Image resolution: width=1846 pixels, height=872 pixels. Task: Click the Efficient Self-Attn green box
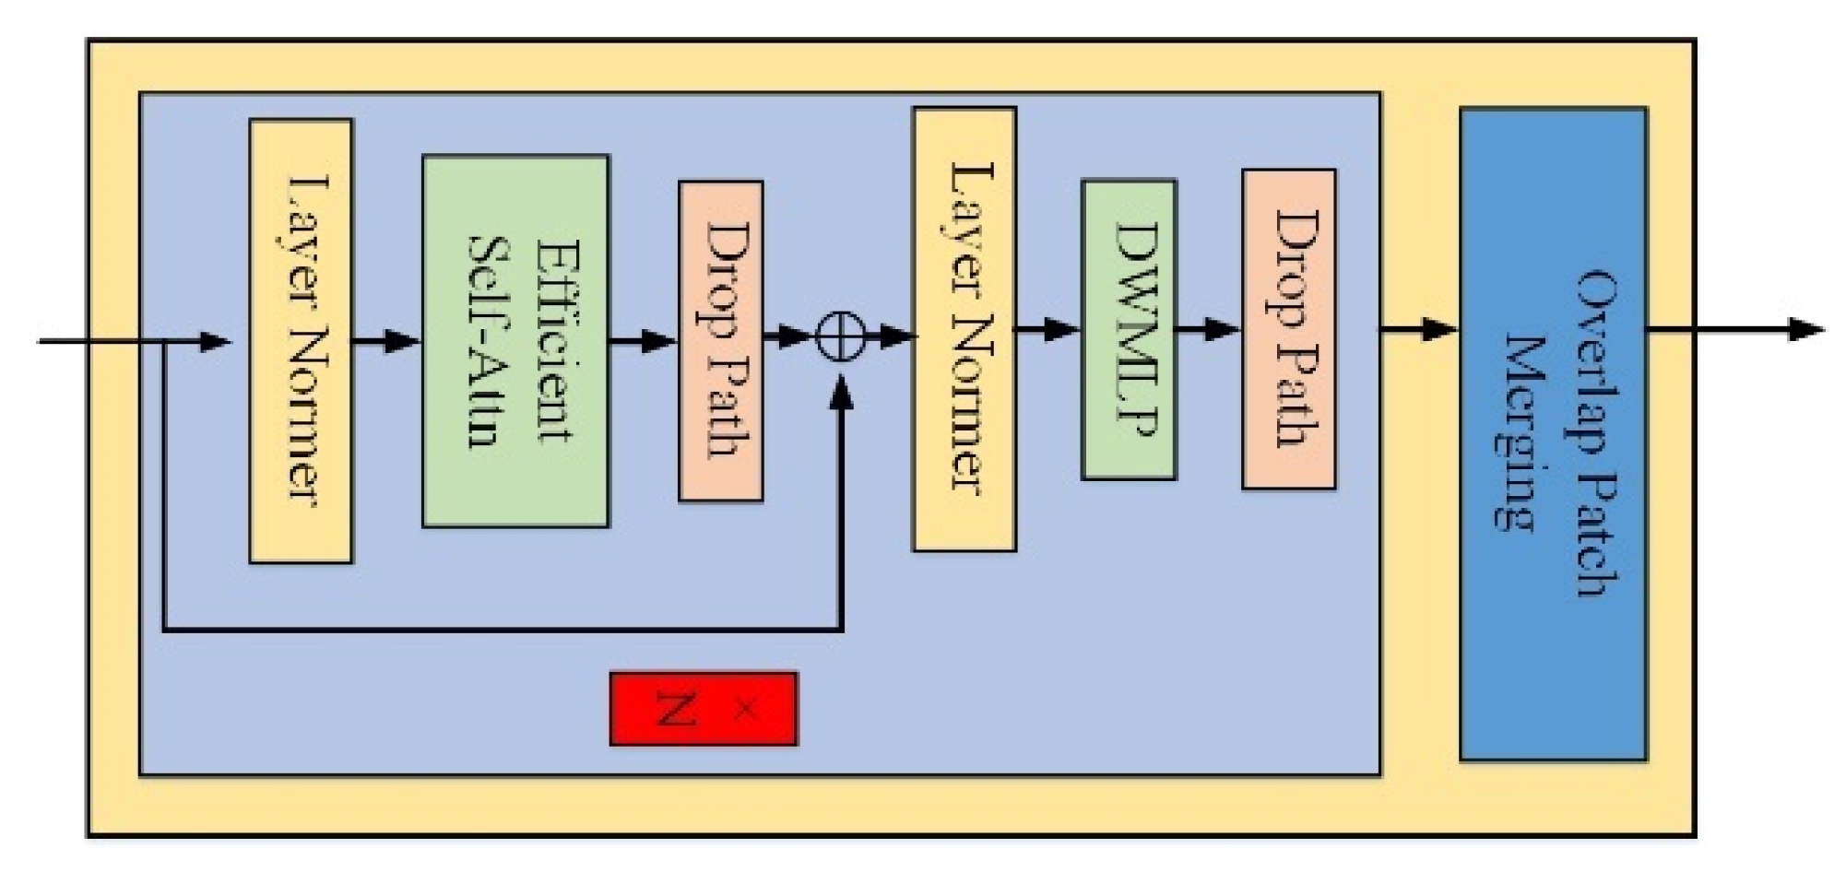(x=515, y=341)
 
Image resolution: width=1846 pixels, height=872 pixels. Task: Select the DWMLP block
(x=1129, y=330)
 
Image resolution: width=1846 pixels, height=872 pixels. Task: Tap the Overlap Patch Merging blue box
(x=1553, y=433)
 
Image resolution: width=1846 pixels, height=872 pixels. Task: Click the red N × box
(x=704, y=709)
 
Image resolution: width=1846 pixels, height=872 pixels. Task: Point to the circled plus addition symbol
(x=840, y=336)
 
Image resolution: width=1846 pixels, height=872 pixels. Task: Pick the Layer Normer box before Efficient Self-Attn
(x=302, y=341)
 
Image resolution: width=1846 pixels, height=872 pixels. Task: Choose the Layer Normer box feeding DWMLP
(x=964, y=330)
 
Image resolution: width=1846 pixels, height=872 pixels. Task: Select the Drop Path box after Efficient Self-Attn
(x=720, y=341)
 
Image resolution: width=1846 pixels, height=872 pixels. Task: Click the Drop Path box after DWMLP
(x=1288, y=329)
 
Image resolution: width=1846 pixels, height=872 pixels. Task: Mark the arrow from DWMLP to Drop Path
(x=1209, y=329)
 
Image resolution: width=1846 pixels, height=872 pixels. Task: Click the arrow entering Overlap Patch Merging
(x=1419, y=329)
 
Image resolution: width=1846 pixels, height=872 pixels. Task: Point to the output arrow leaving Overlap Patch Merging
(x=1734, y=329)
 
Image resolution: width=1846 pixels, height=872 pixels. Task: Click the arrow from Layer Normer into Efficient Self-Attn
(x=387, y=341)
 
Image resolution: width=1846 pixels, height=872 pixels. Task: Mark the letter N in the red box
(x=677, y=709)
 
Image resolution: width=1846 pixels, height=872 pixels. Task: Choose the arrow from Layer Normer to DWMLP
(x=1048, y=329)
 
